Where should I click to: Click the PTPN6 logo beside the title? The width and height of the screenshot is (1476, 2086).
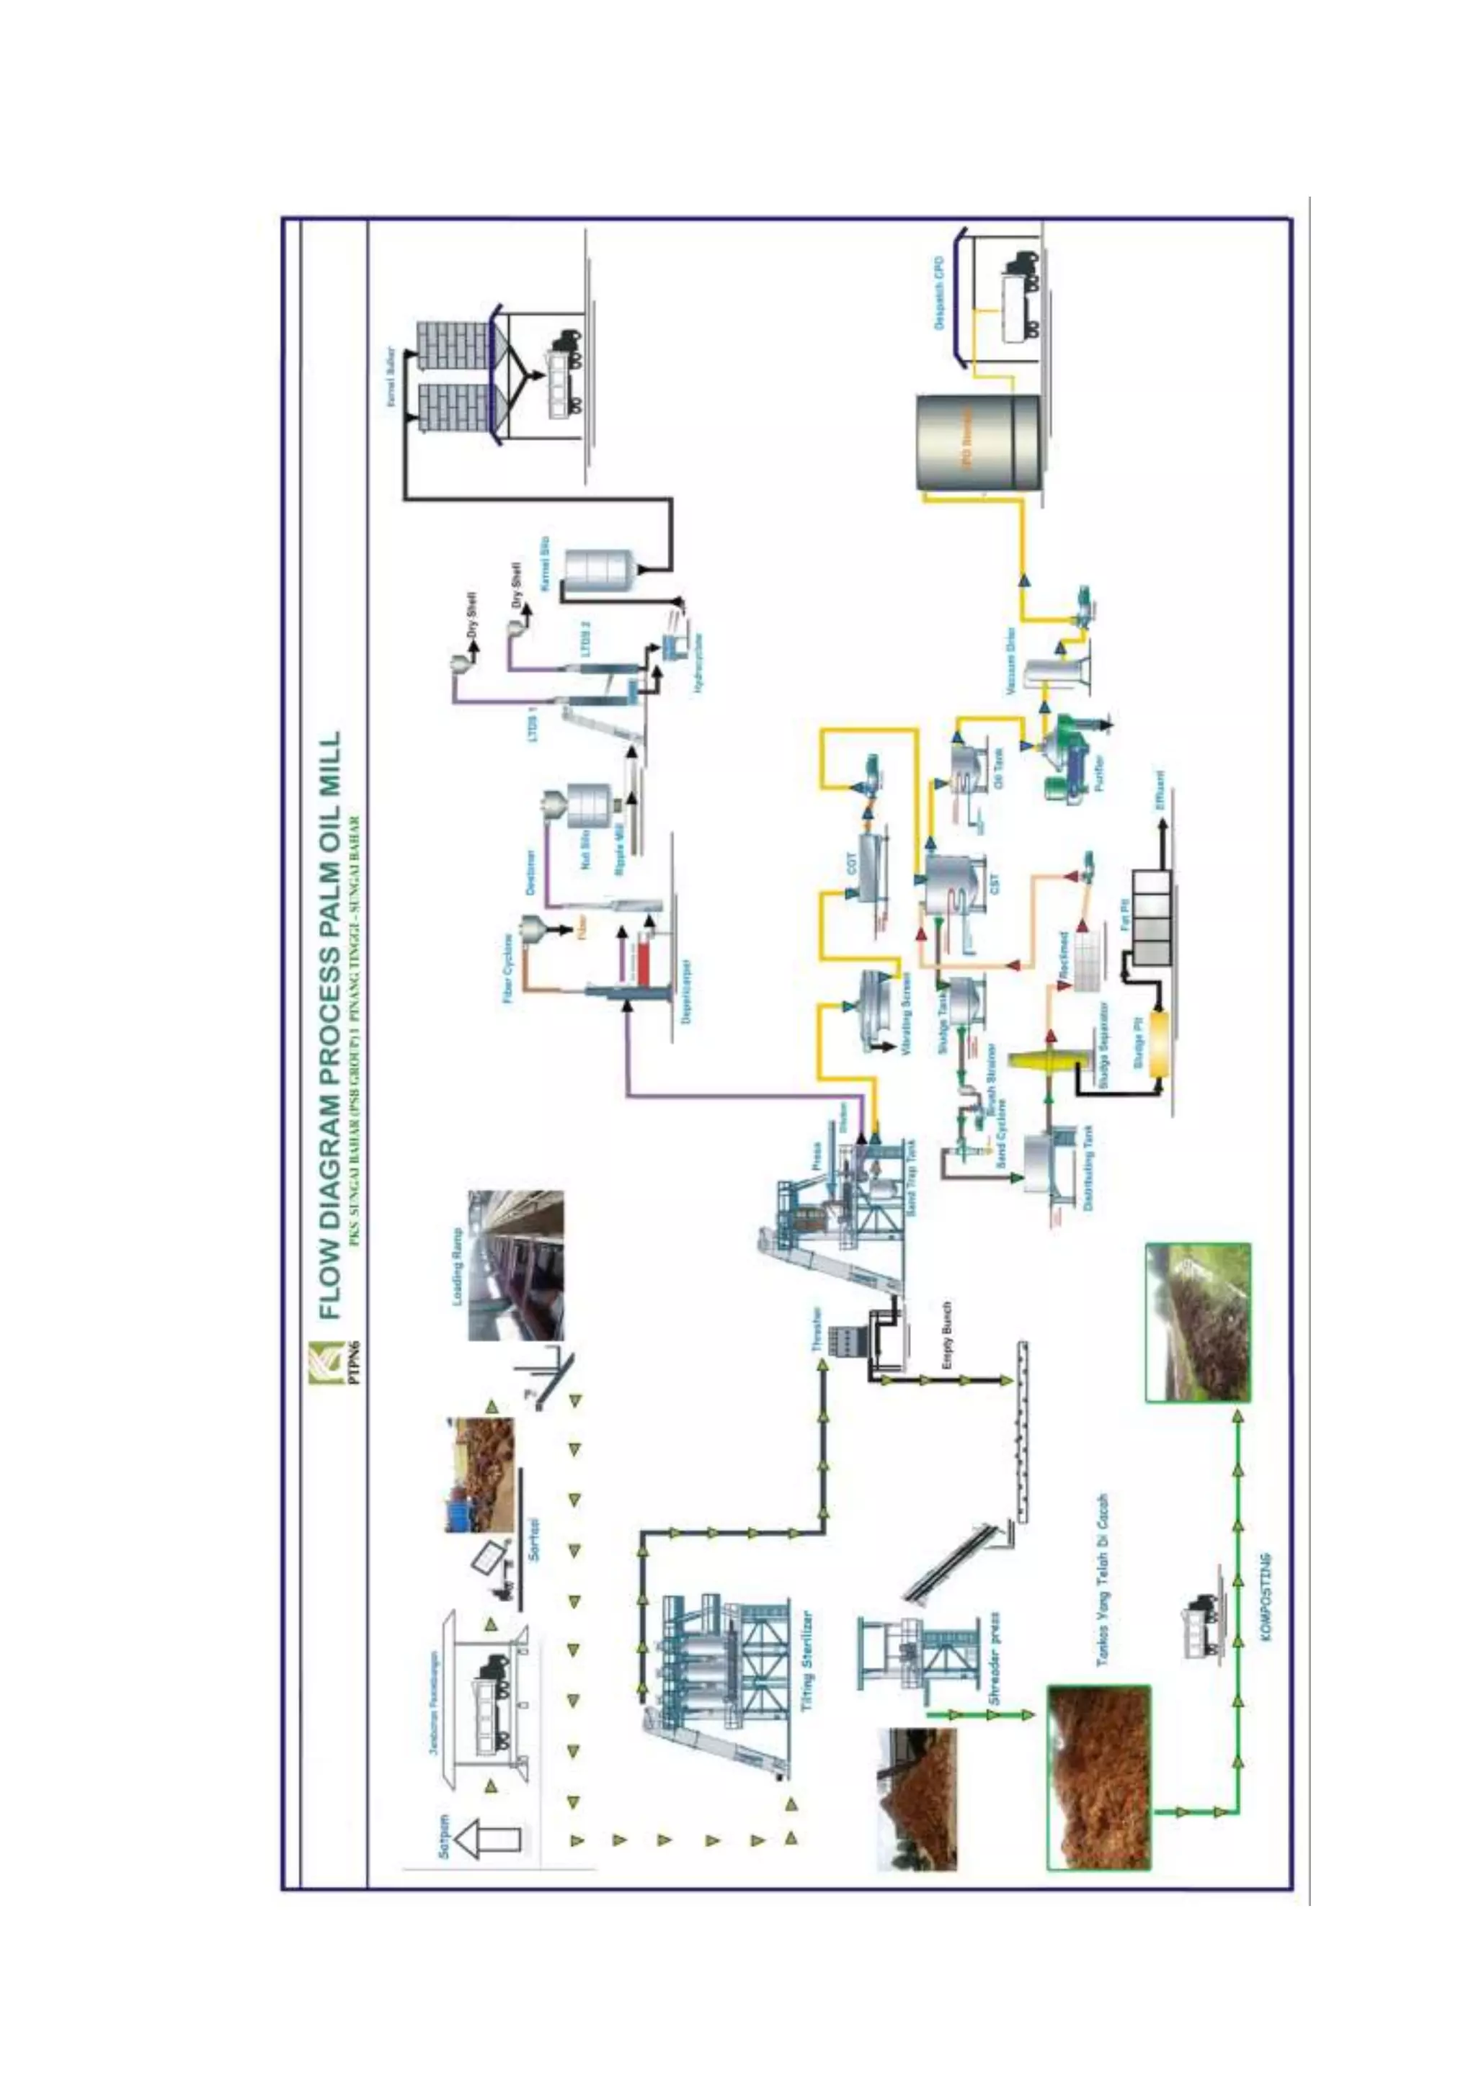[325, 1362]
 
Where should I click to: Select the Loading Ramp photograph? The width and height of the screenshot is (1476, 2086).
[516, 1266]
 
